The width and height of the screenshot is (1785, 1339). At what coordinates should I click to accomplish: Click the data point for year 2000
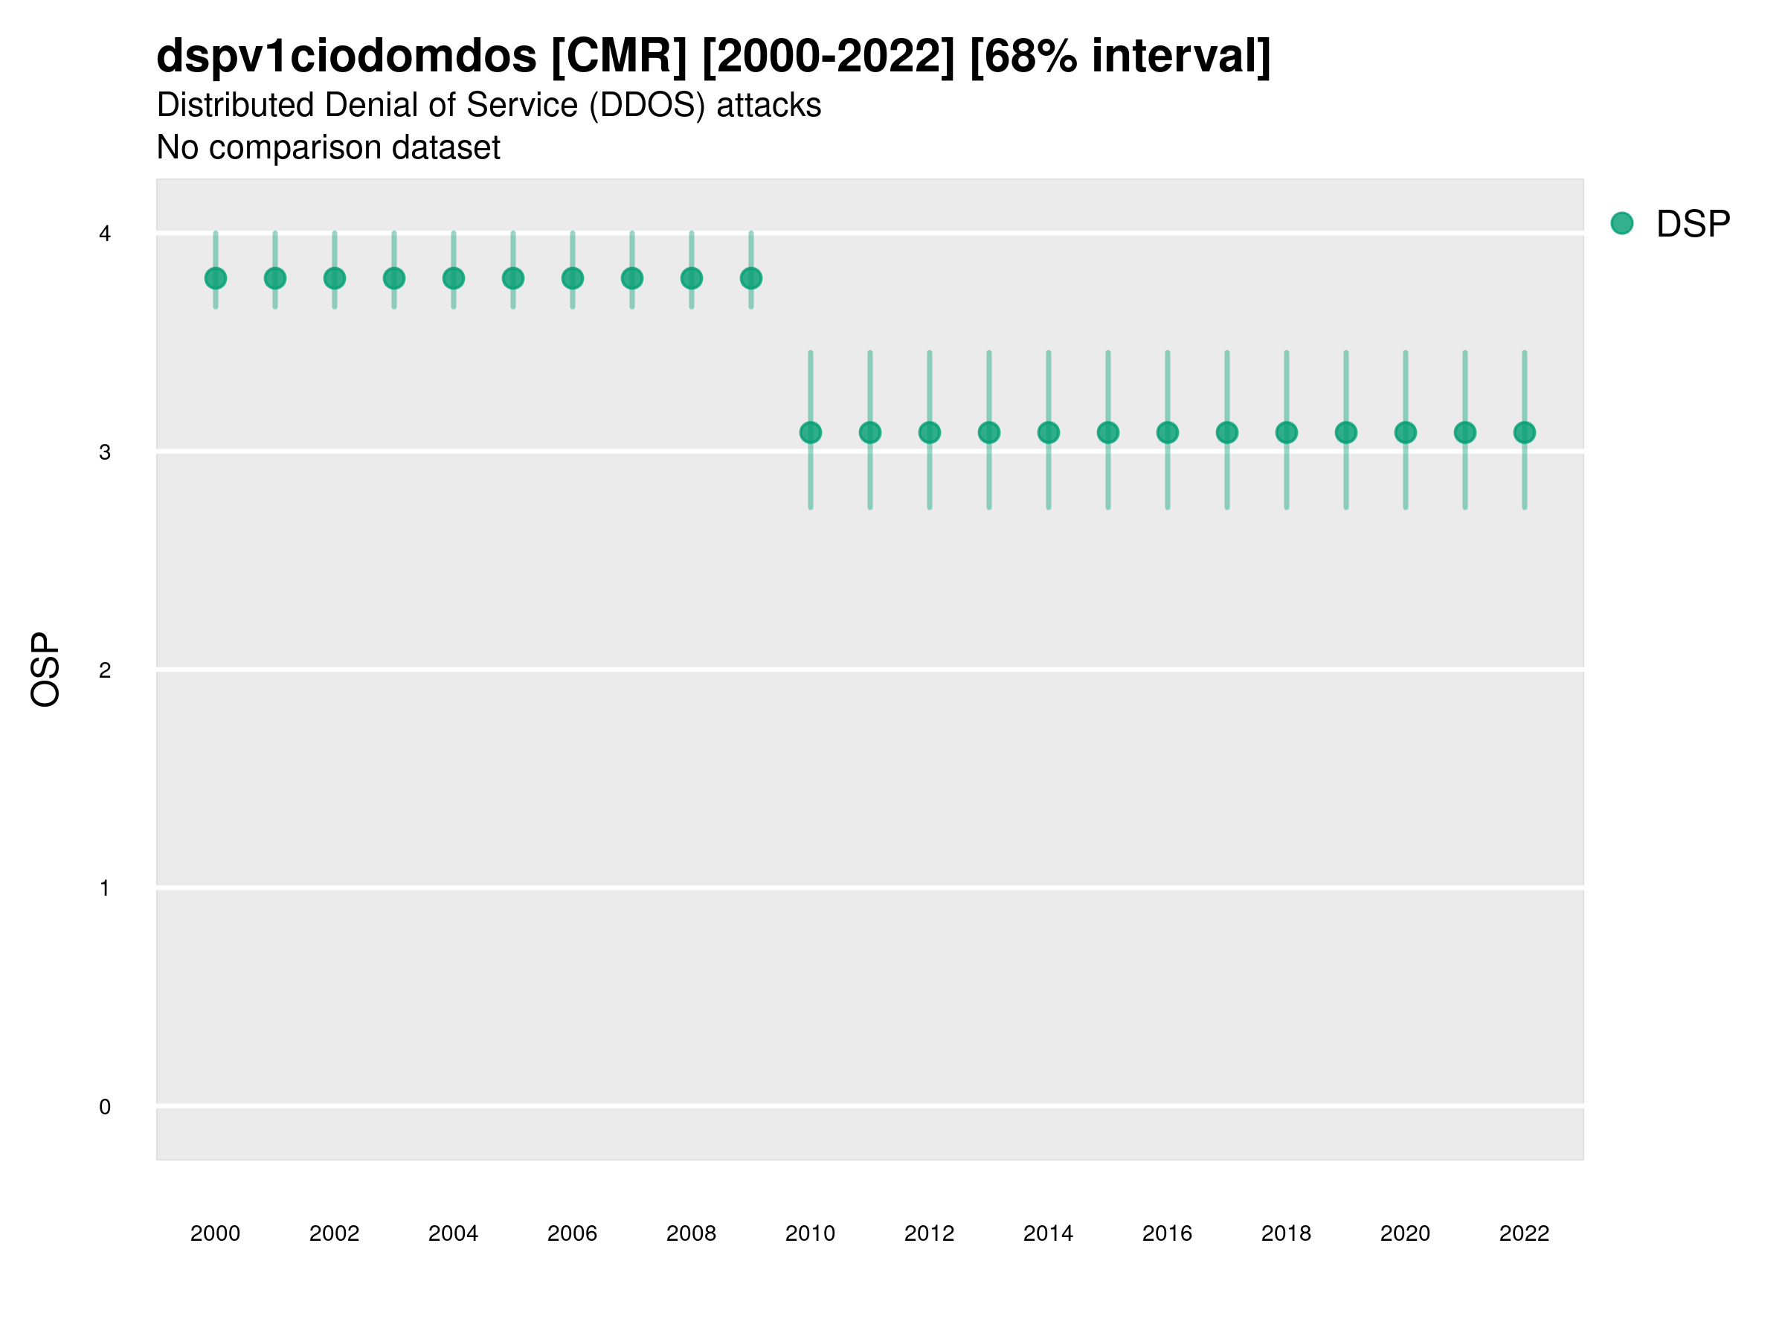(216, 278)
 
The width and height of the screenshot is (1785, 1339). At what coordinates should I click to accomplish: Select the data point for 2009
(750, 278)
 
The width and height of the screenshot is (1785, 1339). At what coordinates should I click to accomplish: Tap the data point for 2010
(810, 433)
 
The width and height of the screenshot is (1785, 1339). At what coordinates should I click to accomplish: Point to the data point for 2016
(1167, 433)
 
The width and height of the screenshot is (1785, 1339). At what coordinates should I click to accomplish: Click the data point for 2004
(454, 278)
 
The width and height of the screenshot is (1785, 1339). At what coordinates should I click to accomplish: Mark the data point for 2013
(988, 433)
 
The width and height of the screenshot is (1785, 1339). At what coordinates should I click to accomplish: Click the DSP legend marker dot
(1621, 224)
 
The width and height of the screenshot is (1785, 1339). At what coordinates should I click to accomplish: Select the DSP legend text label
(1692, 225)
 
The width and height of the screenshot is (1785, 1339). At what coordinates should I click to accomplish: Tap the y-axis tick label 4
(105, 234)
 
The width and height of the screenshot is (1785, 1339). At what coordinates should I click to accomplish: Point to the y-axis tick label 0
(105, 1107)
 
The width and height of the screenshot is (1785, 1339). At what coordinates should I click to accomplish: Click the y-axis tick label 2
(105, 670)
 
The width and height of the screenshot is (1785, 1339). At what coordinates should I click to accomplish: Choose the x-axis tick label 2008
(691, 1233)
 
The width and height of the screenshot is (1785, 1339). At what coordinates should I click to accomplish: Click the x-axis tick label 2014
(1047, 1233)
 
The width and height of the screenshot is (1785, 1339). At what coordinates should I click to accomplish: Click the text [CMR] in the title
(619, 57)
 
